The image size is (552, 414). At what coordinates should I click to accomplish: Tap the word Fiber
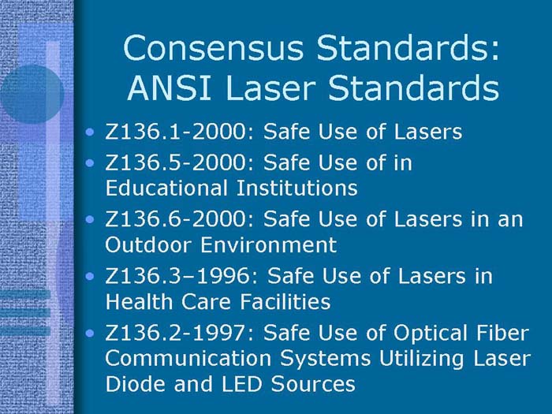tap(502, 334)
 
